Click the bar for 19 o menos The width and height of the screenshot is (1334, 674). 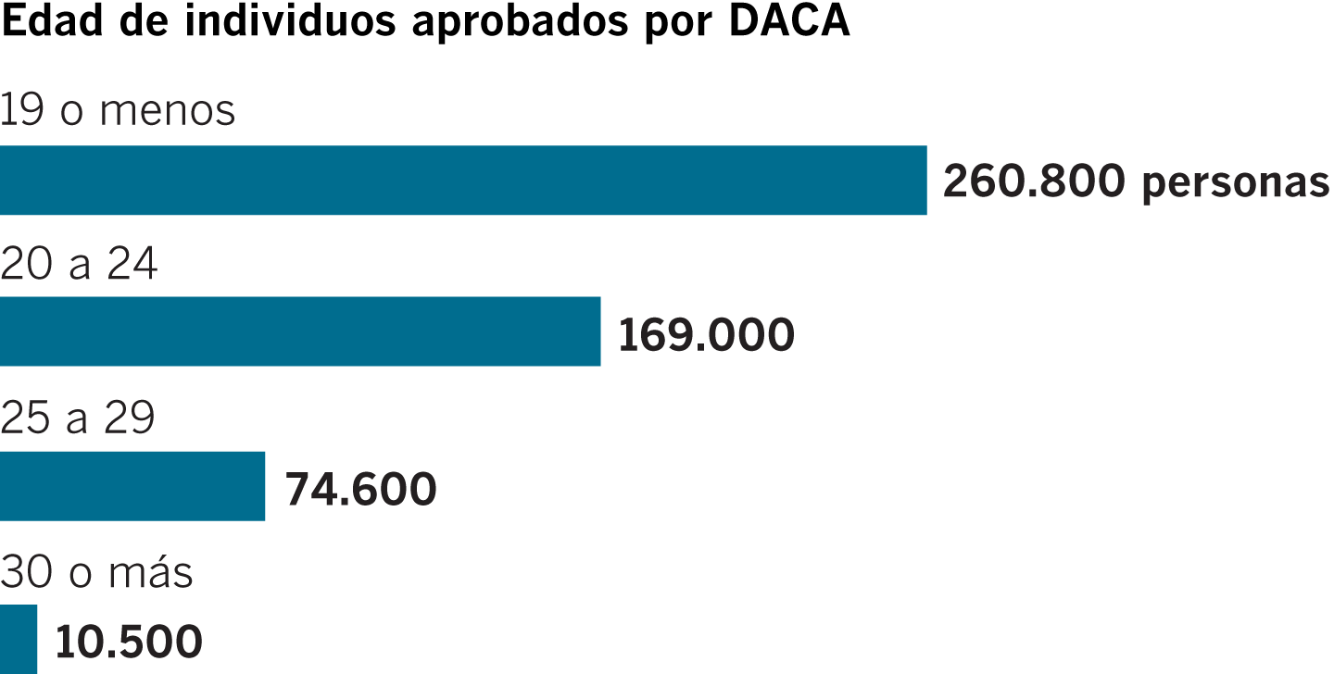tap(463, 181)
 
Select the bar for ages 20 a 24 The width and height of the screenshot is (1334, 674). tap(300, 331)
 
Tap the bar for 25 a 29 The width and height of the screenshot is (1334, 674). tap(132, 486)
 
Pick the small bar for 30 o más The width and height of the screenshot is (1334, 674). tap(19, 639)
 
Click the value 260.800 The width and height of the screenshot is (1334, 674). tap(1034, 182)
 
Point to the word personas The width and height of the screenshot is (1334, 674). tap(1236, 184)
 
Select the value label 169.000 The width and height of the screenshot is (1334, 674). tap(706, 334)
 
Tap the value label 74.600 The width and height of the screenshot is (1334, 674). tap(360, 489)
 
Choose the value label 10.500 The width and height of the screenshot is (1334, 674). tap(129, 642)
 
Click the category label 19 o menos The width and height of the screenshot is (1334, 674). tap(118, 111)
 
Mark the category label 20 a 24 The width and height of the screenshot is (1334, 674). tap(79, 265)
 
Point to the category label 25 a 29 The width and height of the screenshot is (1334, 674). tap(77, 418)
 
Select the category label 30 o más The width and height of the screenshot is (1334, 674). tap(96, 572)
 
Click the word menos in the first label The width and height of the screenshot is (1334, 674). tap(168, 112)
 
